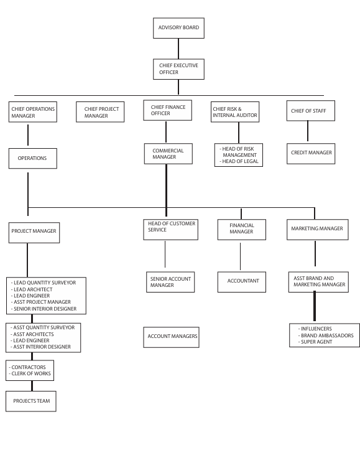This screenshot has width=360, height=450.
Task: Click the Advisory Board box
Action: pyautogui.click(x=178, y=28)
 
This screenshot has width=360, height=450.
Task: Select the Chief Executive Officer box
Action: pyautogui.click(x=178, y=68)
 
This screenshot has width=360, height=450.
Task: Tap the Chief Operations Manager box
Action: pyautogui.click(x=33, y=112)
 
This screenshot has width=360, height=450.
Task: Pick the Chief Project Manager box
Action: pyautogui.click(x=101, y=112)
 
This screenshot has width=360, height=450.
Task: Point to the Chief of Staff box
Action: pyautogui.click(x=308, y=111)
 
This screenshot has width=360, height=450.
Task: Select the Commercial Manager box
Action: pyautogui.click(x=167, y=154)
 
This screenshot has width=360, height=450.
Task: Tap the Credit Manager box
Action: pyautogui.click(x=312, y=152)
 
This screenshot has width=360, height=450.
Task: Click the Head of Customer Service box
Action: pyautogui.click(x=170, y=228)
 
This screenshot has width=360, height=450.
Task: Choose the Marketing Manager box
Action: pyautogui.click(x=316, y=228)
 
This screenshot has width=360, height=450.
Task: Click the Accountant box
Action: pyautogui.click(x=242, y=281)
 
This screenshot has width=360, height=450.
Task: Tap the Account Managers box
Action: pyautogui.click(x=172, y=337)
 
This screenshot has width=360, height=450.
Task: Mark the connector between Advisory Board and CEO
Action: pyautogui.click(x=178, y=48)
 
